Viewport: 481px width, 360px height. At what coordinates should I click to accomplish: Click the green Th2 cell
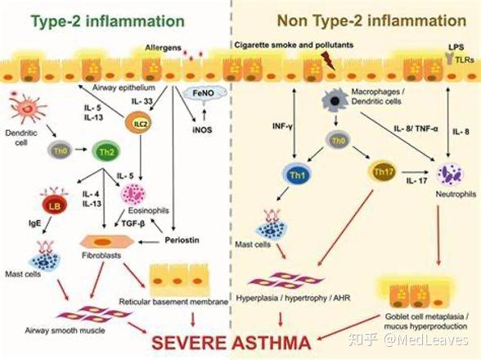click(106, 151)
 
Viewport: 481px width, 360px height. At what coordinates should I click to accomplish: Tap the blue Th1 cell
click(297, 174)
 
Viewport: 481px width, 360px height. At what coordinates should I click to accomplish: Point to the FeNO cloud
click(205, 93)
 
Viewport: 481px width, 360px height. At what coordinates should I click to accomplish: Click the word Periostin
click(182, 240)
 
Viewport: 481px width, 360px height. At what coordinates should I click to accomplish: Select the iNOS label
click(202, 130)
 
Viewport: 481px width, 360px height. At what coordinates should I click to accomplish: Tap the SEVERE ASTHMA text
click(232, 343)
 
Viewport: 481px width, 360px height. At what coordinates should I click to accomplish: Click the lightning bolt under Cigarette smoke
click(327, 61)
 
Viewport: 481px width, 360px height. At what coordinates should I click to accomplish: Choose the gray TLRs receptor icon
click(449, 58)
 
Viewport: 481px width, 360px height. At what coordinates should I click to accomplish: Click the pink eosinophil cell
click(134, 194)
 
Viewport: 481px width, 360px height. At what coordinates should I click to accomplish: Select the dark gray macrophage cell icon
click(334, 101)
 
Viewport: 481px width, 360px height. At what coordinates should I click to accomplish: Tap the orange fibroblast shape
click(107, 242)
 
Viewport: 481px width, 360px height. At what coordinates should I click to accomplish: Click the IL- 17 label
click(417, 181)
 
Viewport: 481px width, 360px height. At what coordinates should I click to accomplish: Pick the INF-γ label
click(282, 126)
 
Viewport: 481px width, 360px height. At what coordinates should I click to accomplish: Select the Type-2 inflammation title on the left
click(108, 21)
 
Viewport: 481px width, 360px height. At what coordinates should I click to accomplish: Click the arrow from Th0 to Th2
click(81, 150)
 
